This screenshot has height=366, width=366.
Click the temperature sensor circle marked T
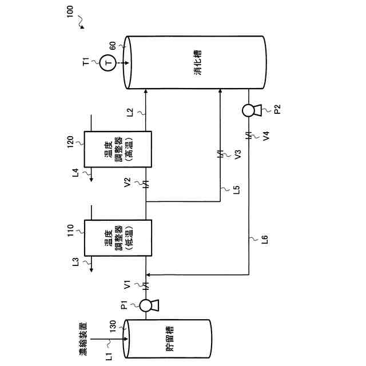(x=107, y=62)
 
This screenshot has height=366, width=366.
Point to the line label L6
(x=264, y=240)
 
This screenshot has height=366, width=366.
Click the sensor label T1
(x=86, y=62)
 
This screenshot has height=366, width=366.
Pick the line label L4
(x=75, y=172)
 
